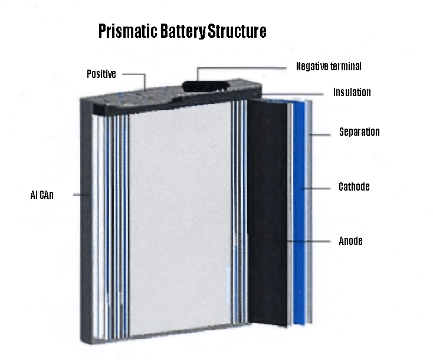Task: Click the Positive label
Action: pyautogui.click(x=101, y=74)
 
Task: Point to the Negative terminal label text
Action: pyautogui.click(x=329, y=67)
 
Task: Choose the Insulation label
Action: pyautogui.click(x=352, y=93)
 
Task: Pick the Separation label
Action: pyautogui.click(x=359, y=132)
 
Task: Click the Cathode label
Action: pyautogui.click(x=354, y=187)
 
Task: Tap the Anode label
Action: pyautogui.click(x=350, y=241)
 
